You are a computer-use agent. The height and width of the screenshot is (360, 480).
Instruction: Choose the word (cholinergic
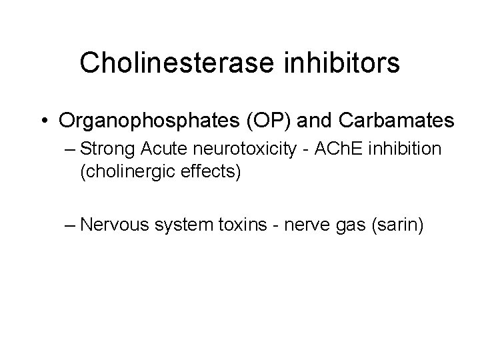(123, 172)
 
